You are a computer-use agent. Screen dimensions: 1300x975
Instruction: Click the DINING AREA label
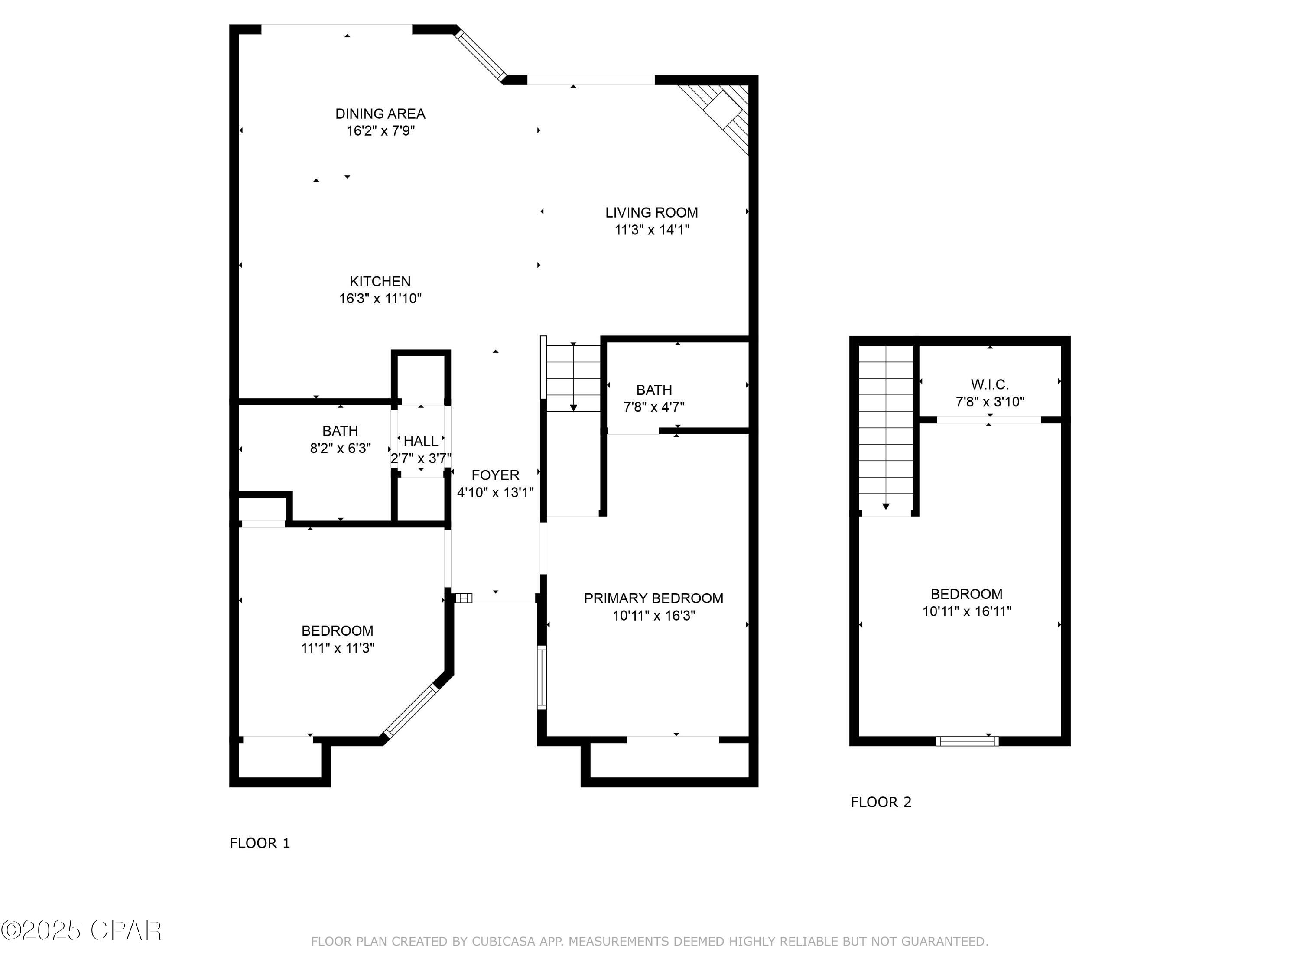(x=380, y=114)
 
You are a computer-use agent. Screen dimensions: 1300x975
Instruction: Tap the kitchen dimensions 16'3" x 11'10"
(x=380, y=299)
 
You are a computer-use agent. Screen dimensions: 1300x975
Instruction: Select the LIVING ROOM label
(x=652, y=213)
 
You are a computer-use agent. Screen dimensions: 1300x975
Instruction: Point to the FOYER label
(x=495, y=475)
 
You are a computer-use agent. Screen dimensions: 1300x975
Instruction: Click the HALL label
(x=421, y=441)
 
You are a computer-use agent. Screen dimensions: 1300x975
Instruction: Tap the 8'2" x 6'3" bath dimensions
(x=340, y=448)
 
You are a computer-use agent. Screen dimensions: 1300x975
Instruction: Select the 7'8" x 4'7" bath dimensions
(x=654, y=407)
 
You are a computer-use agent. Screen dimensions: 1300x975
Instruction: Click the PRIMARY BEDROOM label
(x=653, y=598)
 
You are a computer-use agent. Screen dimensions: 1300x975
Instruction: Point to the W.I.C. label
(x=990, y=384)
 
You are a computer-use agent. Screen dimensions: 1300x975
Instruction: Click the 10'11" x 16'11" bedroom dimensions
(x=967, y=611)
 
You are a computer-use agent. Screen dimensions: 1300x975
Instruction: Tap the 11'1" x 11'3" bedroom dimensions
(x=338, y=648)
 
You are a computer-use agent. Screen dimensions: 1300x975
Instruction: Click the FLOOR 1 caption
(x=260, y=843)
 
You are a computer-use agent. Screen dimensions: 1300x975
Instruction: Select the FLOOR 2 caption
(x=881, y=802)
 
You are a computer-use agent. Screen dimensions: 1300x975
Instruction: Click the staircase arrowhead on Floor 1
(x=574, y=408)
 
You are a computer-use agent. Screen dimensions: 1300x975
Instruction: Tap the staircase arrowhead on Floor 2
(x=886, y=507)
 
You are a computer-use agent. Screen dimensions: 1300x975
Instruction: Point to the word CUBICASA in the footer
(x=504, y=942)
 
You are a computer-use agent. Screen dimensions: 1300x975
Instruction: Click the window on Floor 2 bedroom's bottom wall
(x=967, y=741)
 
